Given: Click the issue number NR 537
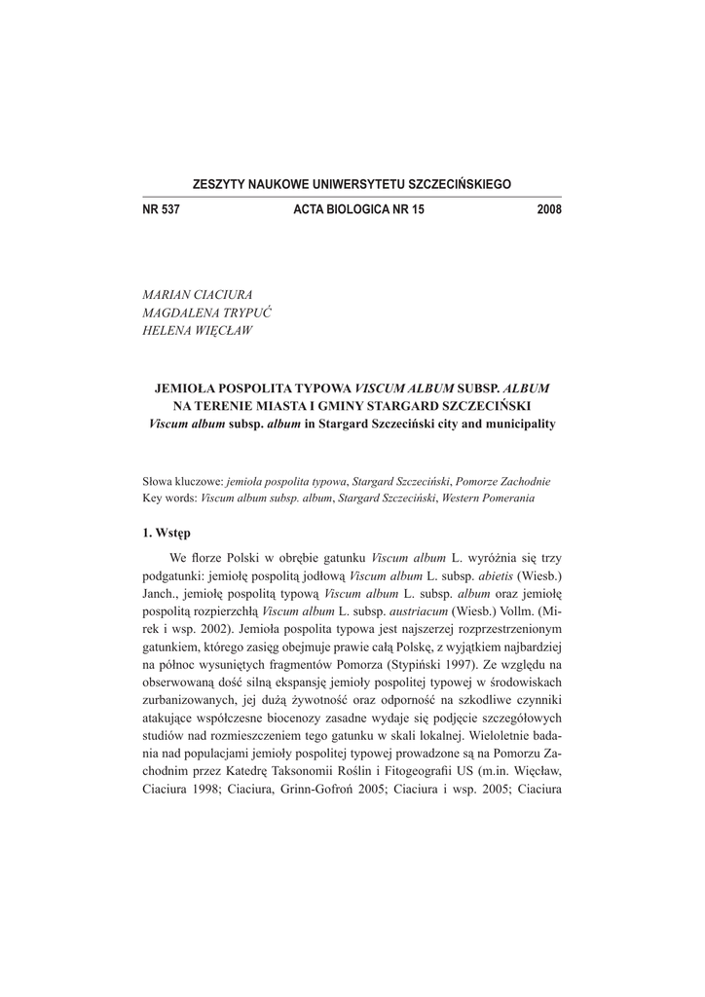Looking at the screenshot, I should click(161, 209).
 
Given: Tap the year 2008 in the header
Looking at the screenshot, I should click(548, 209).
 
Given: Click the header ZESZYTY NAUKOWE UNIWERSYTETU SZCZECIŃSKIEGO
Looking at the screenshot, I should click(352, 184).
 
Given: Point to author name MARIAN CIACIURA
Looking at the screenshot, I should click(197, 294).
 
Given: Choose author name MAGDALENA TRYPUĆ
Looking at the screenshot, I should click(206, 313).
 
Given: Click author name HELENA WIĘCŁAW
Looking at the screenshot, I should click(197, 331).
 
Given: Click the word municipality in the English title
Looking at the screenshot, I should click(517, 425).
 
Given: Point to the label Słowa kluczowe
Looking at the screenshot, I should click(182, 480).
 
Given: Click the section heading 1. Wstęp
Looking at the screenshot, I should click(167, 533).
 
